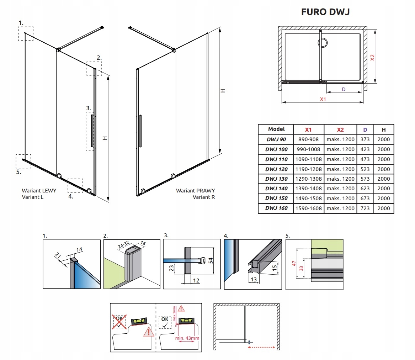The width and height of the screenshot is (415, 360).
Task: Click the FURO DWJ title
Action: point(325,12)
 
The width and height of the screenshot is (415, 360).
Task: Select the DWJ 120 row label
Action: point(276,169)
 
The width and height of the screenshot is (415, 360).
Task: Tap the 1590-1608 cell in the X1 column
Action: point(308,208)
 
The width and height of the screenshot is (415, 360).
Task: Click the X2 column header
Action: point(340,129)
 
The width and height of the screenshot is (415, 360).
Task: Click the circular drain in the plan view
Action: point(323,43)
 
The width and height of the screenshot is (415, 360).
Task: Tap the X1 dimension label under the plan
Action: point(323,99)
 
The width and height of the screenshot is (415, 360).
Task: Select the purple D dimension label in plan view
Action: point(344,89)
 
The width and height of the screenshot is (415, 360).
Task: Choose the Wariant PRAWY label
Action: point(195,191)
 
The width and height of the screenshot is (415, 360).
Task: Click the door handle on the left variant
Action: point(92,130)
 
